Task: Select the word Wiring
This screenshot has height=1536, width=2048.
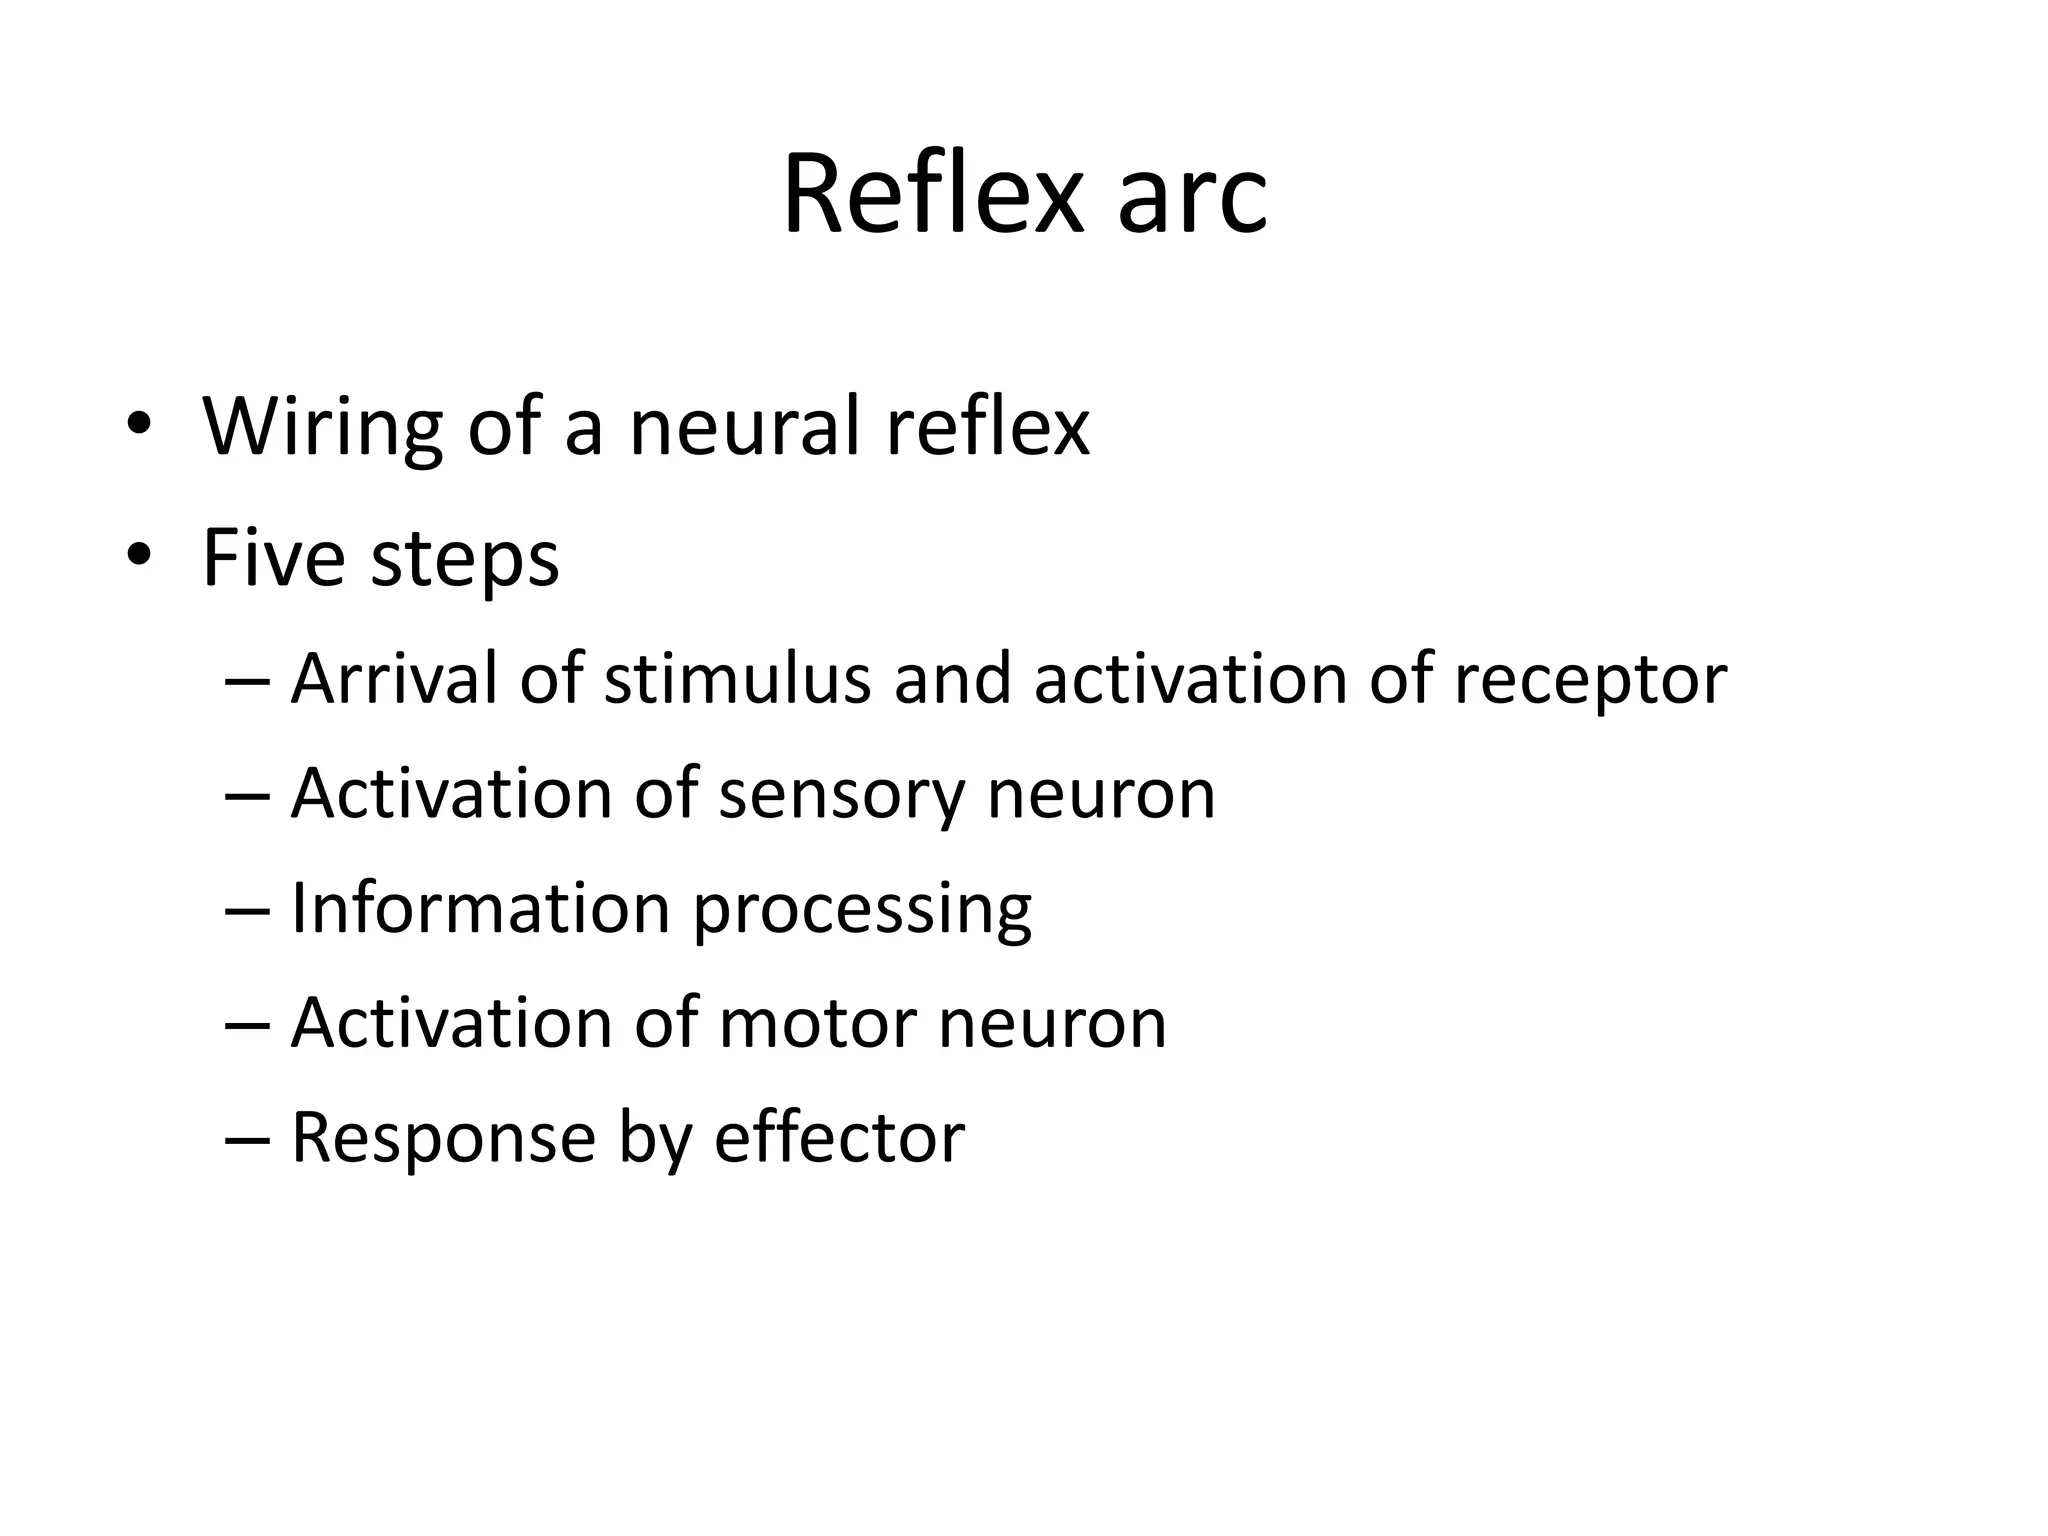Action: tap(322, 427)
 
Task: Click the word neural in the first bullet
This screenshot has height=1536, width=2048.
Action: tap(743, 427)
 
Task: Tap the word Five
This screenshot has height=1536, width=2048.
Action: tap(273, 557)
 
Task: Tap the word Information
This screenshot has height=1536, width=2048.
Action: tap(480, 909)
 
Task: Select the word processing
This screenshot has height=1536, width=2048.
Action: tap(862, 912)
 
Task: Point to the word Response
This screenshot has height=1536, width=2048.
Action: tap(443, 1139)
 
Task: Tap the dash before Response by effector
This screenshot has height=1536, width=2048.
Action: tap(248, 1140)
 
